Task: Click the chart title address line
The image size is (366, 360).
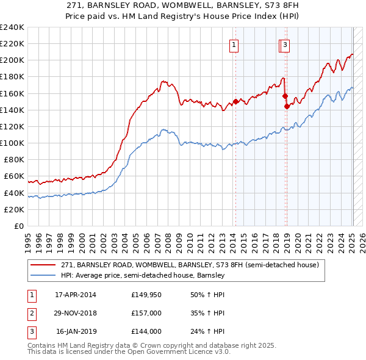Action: click(x=182, y=5)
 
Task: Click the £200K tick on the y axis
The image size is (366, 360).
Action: click(x=12, y=60)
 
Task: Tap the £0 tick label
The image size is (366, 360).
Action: click(x=20, y=226)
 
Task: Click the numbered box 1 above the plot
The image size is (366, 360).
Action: click(x=234, y=44)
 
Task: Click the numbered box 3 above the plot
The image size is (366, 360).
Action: click(x=285, y=44)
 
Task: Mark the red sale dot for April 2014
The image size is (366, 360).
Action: click(x=235, y=101)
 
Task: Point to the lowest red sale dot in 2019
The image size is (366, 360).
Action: click(x=287, y=106)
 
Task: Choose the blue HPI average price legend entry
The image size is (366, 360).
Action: click(x=143, y=276)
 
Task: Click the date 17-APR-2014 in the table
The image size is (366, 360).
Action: click(x=76, y=295)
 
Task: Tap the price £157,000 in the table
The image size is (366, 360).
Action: click(x=146, y=314)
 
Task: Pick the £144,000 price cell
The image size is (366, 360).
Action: click(x=146, y=332)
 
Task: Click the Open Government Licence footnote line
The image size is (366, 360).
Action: click(x=129, y=352)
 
